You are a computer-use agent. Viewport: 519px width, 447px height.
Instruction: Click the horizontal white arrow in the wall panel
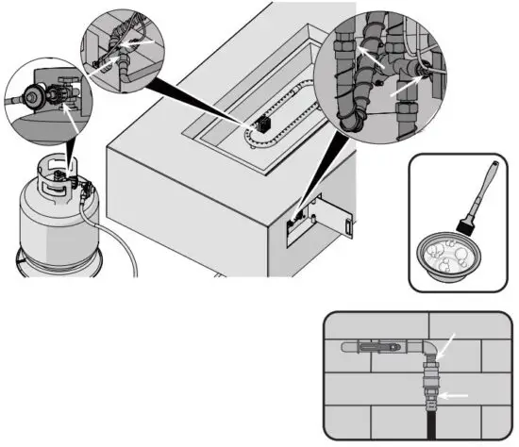pos(457,397)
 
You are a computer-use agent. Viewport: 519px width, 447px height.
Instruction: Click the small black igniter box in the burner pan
pos(263,124)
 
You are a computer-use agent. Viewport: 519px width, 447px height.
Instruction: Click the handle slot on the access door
pos(348,227)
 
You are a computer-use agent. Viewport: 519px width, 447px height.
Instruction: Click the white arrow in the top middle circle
pos(139,41)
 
